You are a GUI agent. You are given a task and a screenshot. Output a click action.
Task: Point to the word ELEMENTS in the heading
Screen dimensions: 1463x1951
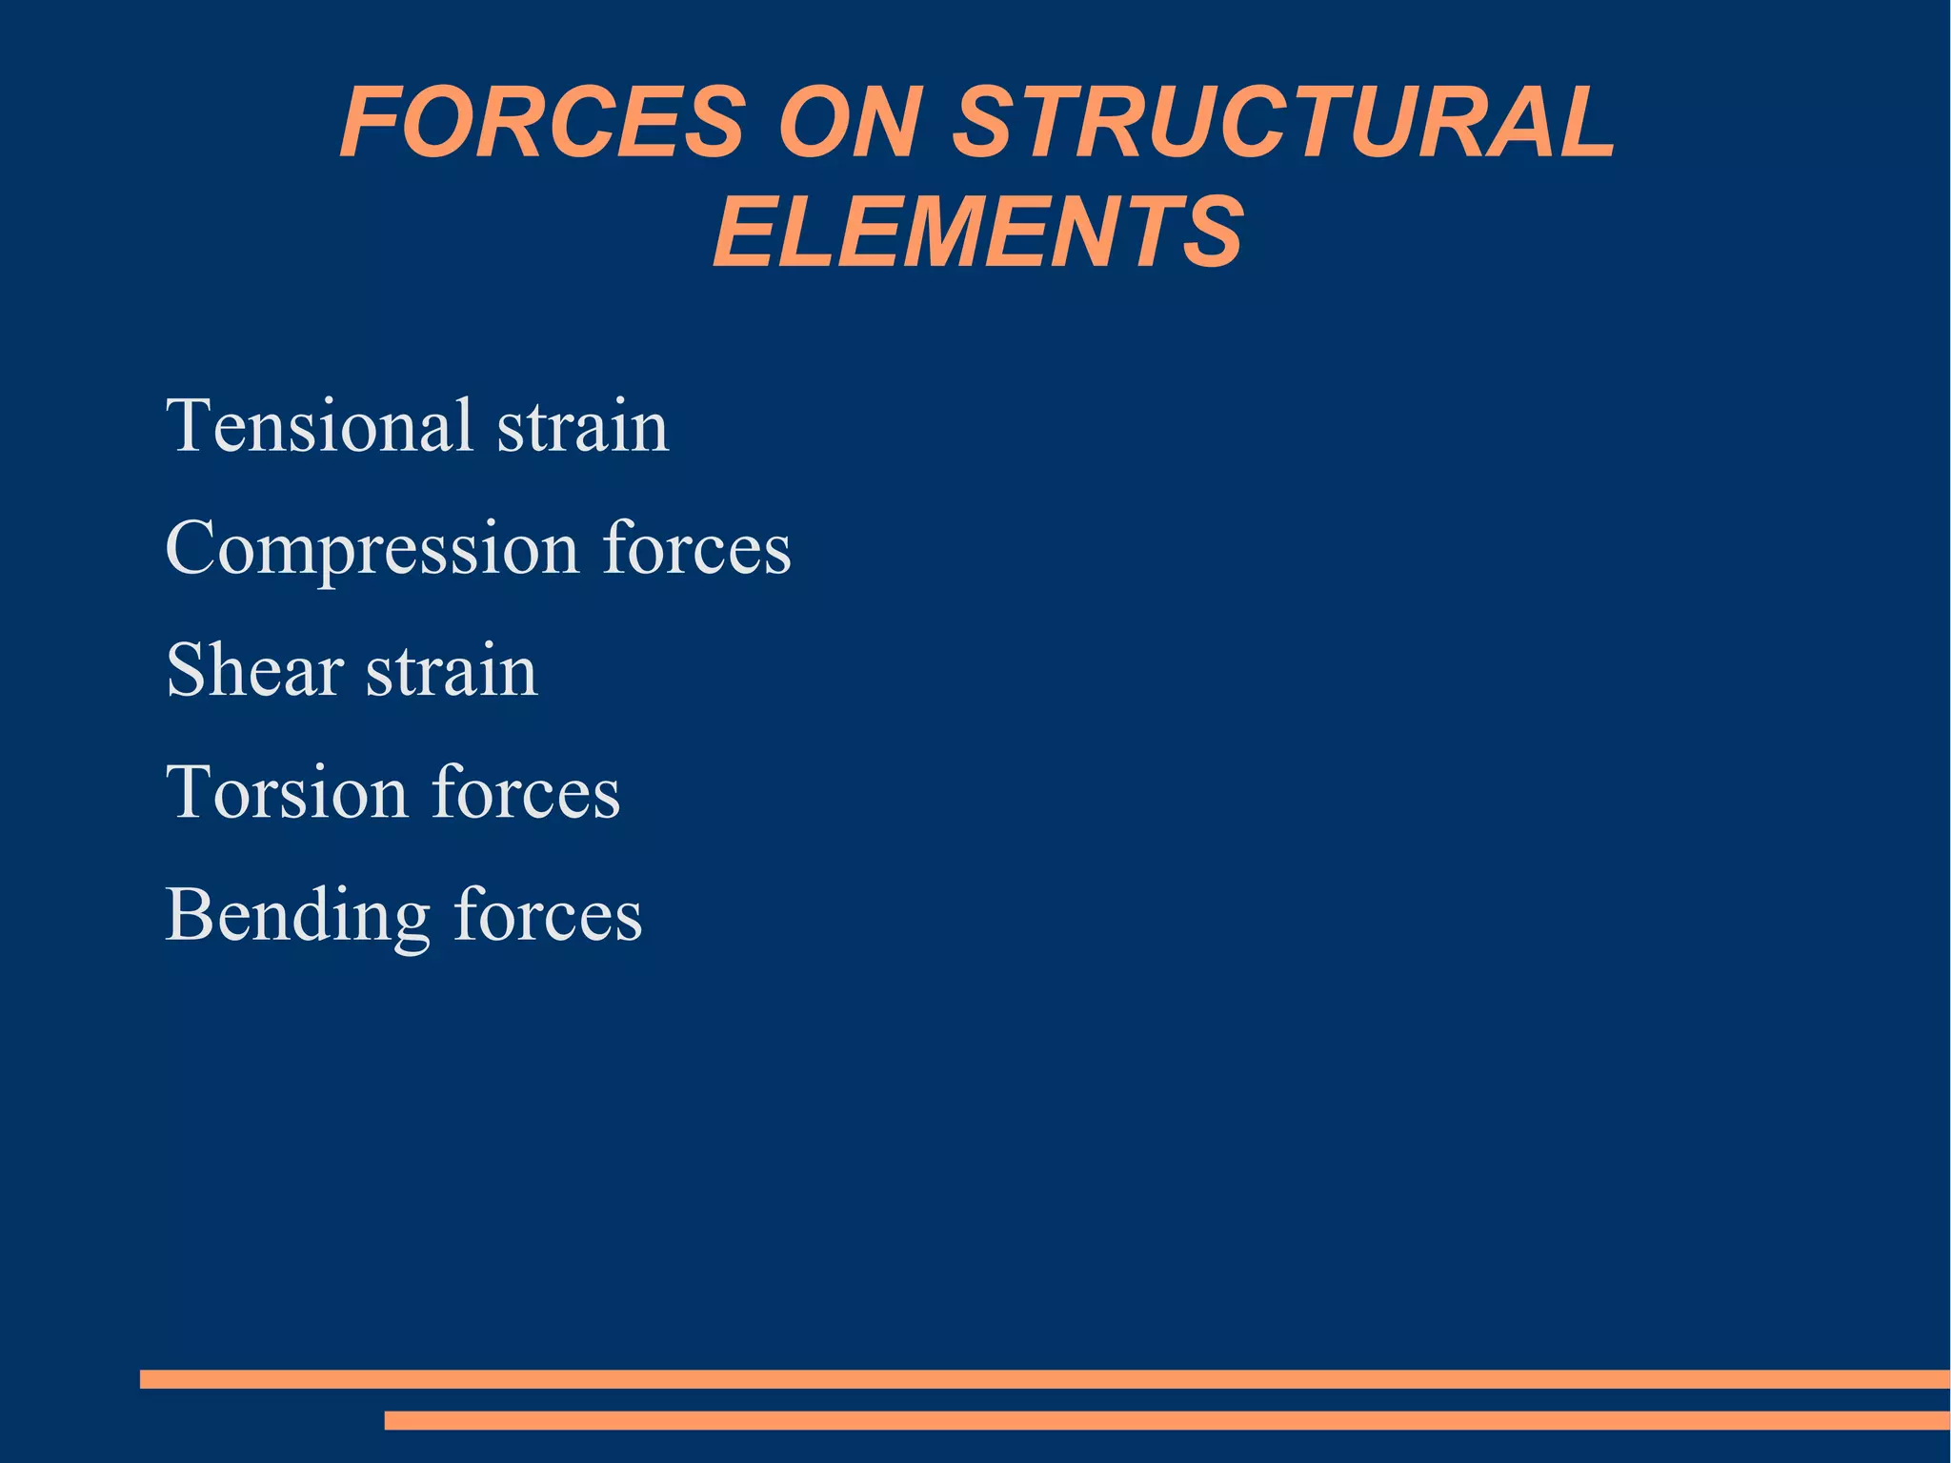coord(977,232)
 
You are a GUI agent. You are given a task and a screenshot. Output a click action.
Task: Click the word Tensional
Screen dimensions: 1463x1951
coord(319,425)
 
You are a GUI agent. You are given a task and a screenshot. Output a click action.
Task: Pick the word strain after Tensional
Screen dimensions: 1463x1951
coord(583,425)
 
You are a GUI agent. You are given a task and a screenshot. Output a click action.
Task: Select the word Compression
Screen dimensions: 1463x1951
coord(372,548)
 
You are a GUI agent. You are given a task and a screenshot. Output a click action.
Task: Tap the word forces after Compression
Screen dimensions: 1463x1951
coord(696,548)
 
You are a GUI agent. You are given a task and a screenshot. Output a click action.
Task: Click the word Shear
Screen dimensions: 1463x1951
coord(254,670)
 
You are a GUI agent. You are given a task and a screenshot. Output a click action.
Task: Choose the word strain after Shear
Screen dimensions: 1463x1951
coord(453,670)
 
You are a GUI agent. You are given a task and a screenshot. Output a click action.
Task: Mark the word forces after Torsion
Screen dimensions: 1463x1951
coord(526,792)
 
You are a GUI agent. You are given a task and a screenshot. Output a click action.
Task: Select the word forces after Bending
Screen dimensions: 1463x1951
coord(548,915)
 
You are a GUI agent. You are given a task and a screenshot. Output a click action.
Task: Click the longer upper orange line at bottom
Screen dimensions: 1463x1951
coord(1044,1378)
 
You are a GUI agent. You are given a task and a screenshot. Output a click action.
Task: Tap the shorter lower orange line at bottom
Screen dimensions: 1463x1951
coord(1166,1420)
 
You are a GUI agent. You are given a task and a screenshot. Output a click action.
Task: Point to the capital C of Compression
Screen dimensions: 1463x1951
coord(191,548)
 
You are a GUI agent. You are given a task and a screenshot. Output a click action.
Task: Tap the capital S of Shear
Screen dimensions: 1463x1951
coord(185,670)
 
